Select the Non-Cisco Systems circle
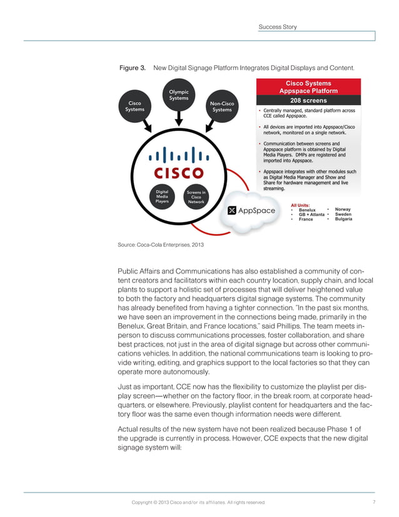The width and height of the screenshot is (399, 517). point(222,106)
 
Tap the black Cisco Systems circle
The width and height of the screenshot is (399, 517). point(134,106)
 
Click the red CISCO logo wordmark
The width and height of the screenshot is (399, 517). point(174,171)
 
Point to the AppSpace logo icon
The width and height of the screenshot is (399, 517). point(231,210)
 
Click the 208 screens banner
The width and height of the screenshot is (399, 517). point(309,100)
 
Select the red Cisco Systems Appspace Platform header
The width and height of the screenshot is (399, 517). point(309,86)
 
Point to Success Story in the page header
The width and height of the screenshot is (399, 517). point(278,27)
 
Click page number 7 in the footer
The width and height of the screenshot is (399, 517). point(373,502)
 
